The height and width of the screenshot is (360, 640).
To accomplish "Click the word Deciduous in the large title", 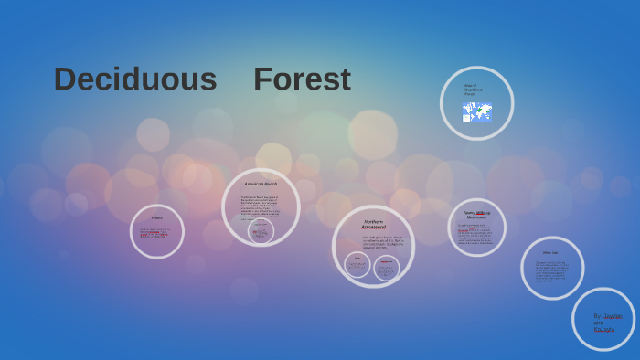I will point(135,79).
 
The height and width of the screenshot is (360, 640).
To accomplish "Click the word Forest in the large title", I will point(302,79).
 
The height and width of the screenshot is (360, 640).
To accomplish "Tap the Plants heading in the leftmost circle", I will point(157,217).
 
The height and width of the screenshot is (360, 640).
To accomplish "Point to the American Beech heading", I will point(261,184).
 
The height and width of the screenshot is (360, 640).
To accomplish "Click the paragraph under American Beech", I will point(261,206).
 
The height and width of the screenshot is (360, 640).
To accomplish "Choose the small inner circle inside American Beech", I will point(261,231).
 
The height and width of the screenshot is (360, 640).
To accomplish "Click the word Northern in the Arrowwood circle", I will point(373,221).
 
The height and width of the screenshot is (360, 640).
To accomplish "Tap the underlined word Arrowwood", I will point(373,228).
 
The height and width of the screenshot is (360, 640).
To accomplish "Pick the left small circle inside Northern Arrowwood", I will point(357,265).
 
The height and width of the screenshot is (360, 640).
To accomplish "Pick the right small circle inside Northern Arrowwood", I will point(387,267).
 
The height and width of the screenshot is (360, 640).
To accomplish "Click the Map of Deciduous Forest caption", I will point(473,90).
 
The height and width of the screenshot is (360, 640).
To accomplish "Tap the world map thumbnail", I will point(477,112).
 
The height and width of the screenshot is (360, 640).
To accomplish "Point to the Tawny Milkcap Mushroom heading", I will point(476,215).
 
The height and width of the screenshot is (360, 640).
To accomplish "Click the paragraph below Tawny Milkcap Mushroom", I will point(476,234).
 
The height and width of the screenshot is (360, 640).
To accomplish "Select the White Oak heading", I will point(550,252).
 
